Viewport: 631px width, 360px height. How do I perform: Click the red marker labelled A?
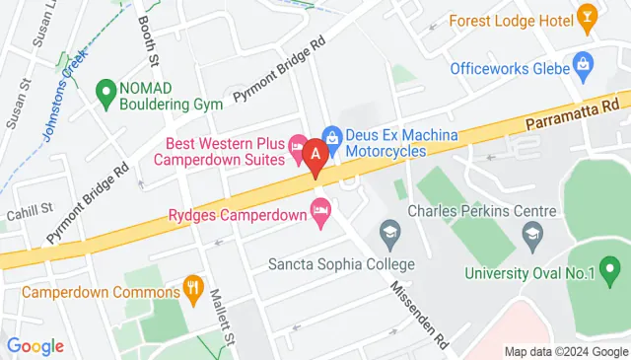pos(315,154)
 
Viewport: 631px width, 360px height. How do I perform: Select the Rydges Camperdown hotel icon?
pos(319,209)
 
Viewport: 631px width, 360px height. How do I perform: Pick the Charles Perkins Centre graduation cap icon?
pos(533,233)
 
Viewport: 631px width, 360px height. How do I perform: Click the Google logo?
pos(35,346)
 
